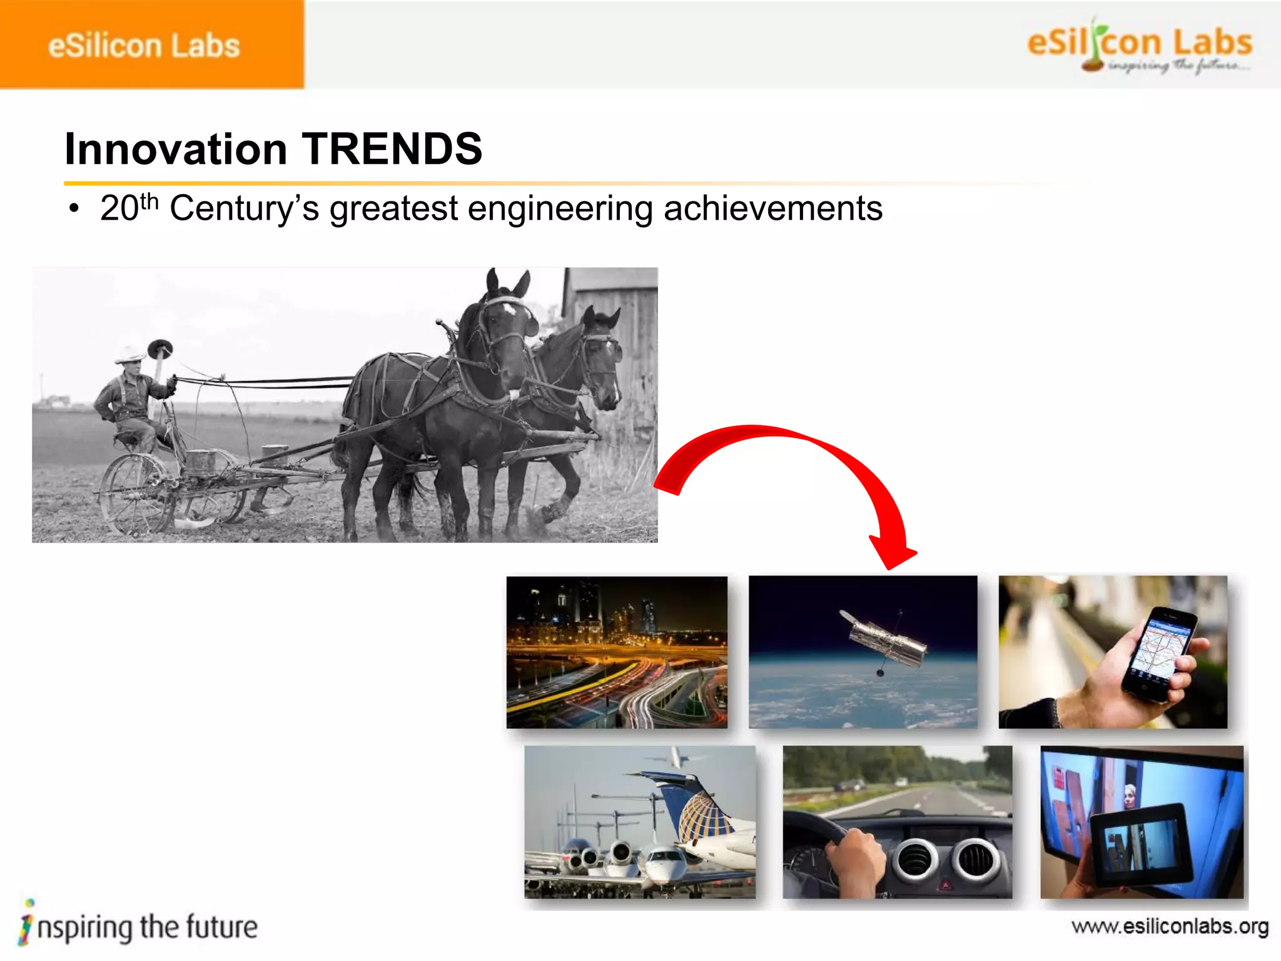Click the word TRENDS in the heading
[392, 149]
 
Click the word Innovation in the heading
[176, 149]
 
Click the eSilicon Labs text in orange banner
[144, 46]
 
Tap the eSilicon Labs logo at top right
[1138, 45]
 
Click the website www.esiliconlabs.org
[1170, 926]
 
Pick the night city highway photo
[617, 652]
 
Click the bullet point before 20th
[74, 209]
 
